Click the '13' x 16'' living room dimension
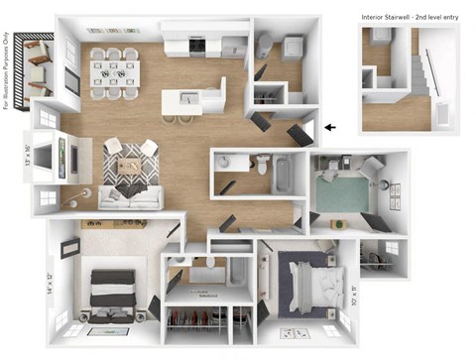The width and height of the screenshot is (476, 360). [x=25, y=158]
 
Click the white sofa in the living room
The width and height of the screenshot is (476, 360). [x=130, y=195]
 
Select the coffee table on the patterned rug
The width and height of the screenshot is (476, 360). [x=130, y=163]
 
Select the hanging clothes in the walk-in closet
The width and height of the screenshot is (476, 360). [x=193, y=320]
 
